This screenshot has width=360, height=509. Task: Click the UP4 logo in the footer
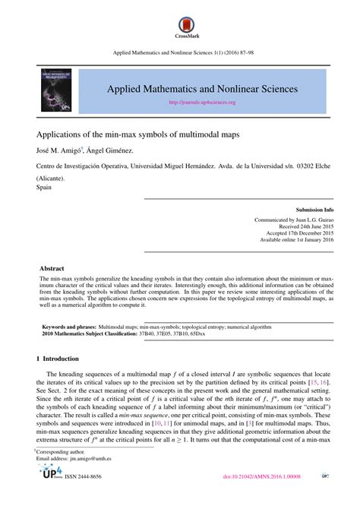(x=49, y=495)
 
